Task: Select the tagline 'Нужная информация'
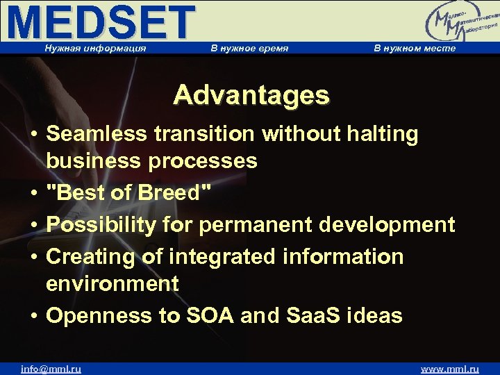click(95, 48)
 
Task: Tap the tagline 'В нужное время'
click(249, 48)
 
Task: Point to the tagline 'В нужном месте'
click(415, 48)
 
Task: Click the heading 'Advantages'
click(251, 95)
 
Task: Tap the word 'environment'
click(112, 283)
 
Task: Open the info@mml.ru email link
click(51, 369)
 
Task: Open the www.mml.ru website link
click(450, 369)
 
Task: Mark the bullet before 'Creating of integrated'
click(34, 257)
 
